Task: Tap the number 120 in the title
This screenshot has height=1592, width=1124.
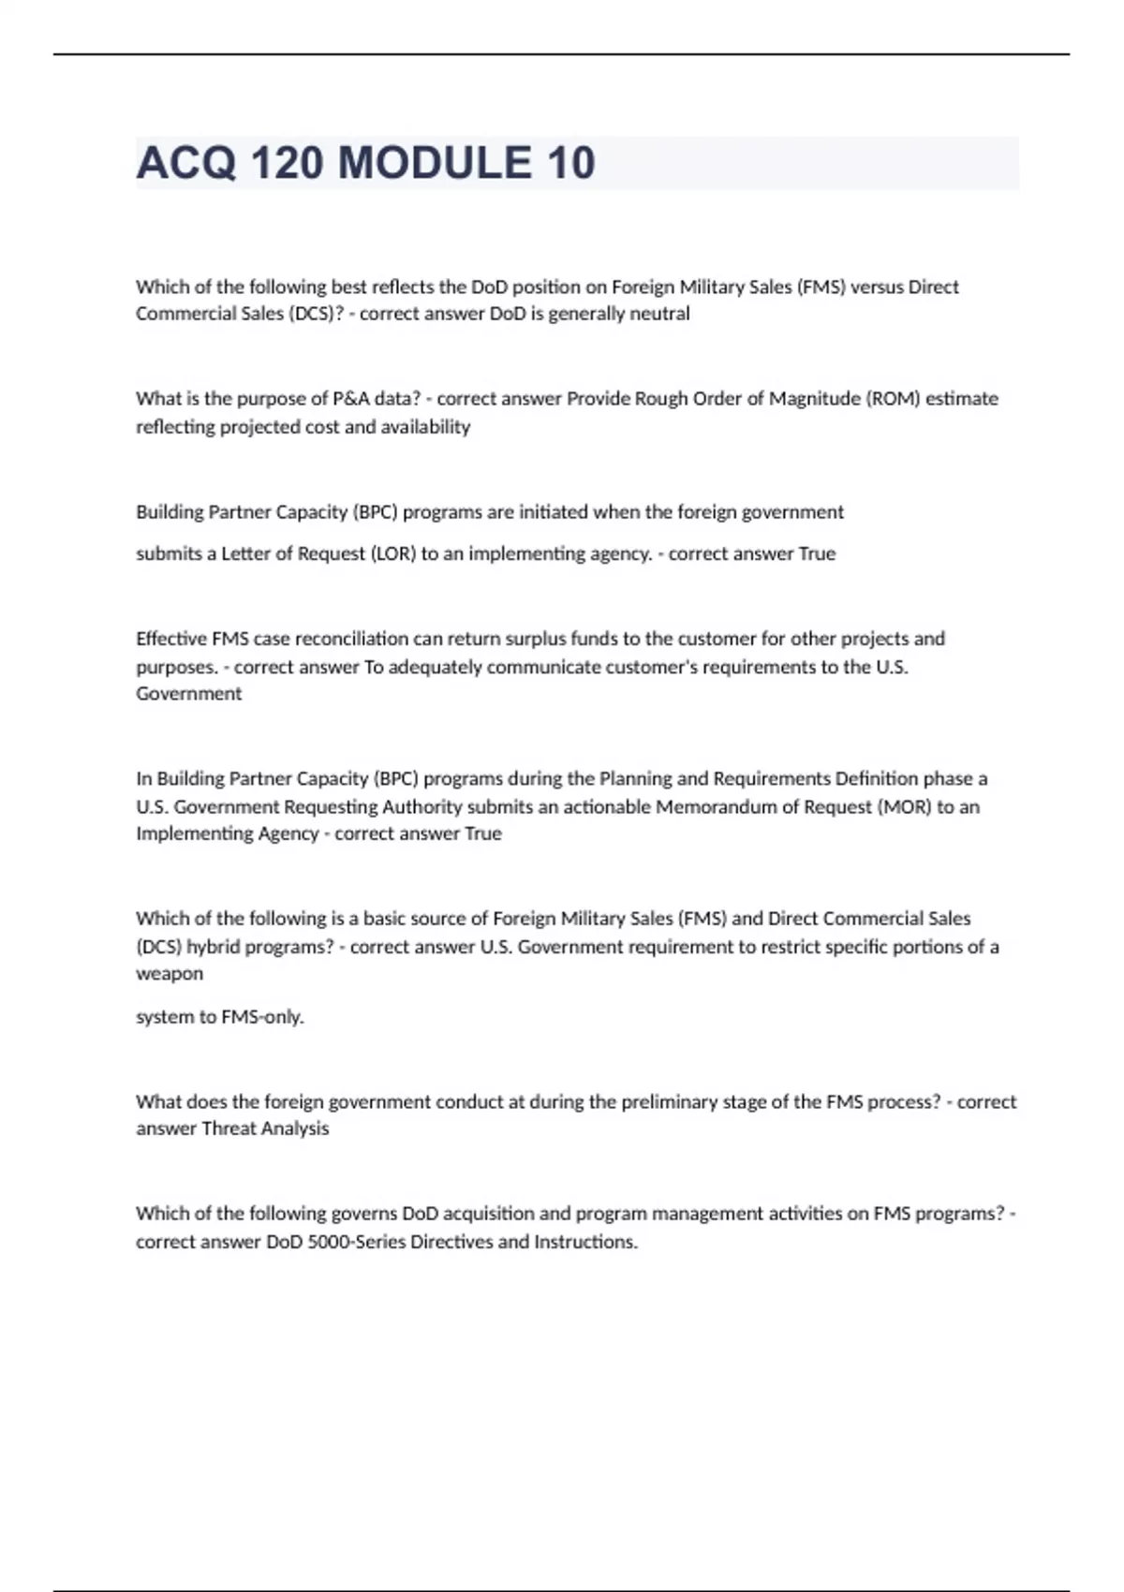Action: [x=287, y=163]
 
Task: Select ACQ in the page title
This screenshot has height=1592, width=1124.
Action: [x=185, y=163]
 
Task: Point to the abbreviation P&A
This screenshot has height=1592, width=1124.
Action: [x=351, y=399]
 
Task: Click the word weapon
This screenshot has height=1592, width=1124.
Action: [x=170, y=974]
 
